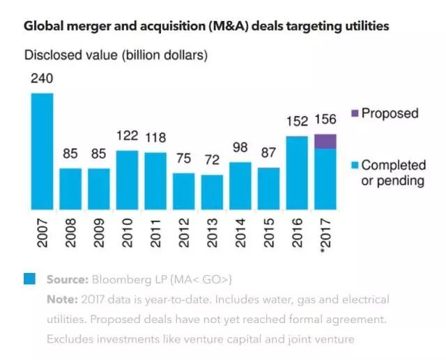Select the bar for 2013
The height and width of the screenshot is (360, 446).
[212, 192]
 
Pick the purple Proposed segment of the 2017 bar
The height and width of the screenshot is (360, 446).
[325, 141]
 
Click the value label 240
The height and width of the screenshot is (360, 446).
[42, 79]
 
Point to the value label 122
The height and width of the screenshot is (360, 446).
[127, 137]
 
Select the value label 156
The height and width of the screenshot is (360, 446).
[325, 120]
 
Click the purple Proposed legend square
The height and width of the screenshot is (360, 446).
[354, 114]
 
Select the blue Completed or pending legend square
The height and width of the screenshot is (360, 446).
[354, 165]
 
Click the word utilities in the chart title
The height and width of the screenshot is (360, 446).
[363, 26]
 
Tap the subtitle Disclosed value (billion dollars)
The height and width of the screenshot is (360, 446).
[116, 54]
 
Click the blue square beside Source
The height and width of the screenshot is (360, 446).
[29, 279]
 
